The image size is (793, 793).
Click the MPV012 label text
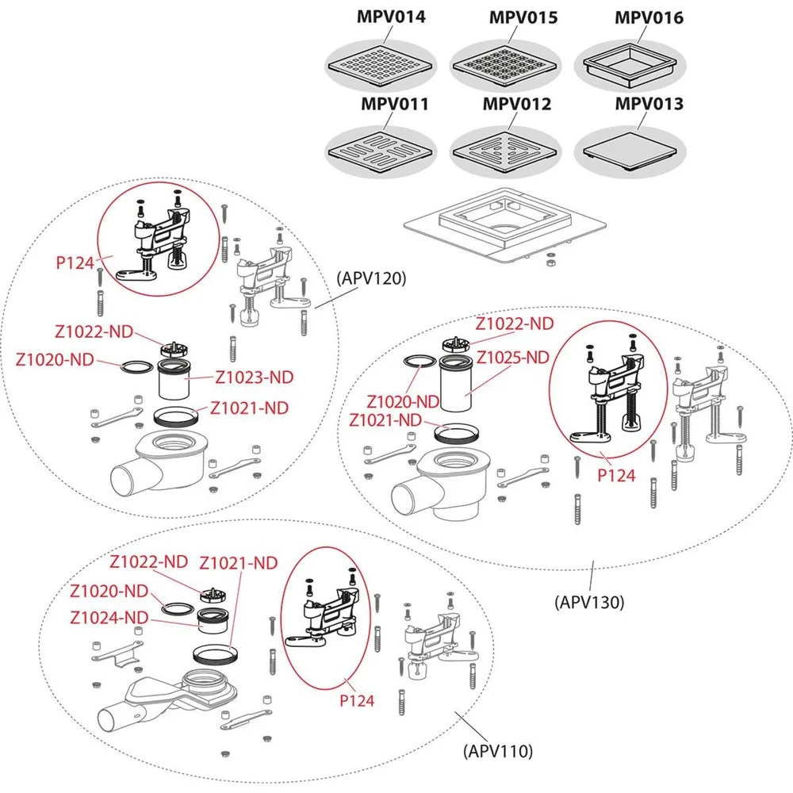click(517, 104)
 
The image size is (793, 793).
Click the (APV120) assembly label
click(371, 278)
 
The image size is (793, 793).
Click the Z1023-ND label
click(255, 377)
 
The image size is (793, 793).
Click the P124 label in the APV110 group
click(357, 700)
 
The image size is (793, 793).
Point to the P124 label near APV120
click(75, 261)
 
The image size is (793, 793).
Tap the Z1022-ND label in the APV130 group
click(514, 324)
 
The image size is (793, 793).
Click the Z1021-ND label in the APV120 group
click(249, 408)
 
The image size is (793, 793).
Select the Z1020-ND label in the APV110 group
click(109, 592)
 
